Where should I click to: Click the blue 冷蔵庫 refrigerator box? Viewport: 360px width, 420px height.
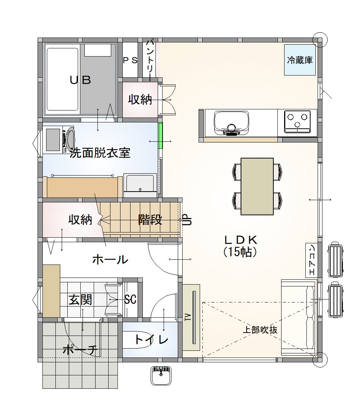point(300,60)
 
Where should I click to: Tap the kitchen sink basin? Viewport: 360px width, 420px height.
point(231,123)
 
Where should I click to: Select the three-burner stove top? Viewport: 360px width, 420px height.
point(297,121)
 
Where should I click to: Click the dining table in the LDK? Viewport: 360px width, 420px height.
point(257,186)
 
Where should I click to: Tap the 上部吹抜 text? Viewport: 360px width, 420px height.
point(260,330)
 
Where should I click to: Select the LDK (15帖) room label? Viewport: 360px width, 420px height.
point(241,246)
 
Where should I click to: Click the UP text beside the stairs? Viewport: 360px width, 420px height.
point(187,219)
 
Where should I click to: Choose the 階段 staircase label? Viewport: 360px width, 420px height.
point(150,220)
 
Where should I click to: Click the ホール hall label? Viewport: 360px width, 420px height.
point(110,259)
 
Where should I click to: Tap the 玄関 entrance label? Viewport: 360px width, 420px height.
point(80,299)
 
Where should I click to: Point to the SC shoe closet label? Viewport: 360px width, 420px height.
point(131,299)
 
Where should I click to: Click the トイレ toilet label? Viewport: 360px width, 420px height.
point(151,340)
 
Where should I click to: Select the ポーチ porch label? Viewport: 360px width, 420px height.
point(80,350)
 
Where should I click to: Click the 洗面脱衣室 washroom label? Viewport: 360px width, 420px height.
point(100,153)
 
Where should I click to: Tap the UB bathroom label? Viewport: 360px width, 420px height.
point(80,80)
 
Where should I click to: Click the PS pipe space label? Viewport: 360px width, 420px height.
point(130,60)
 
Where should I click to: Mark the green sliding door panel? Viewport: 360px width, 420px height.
point(160,135)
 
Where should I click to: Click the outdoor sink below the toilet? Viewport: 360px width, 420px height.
point(161,375)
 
